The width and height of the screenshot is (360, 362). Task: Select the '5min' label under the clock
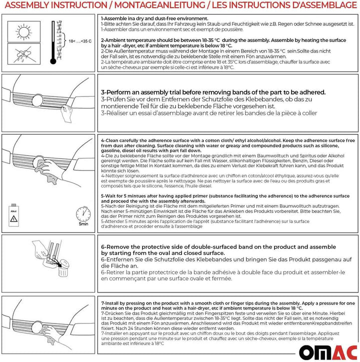(83, 225)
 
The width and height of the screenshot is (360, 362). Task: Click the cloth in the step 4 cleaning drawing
(50, 172)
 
